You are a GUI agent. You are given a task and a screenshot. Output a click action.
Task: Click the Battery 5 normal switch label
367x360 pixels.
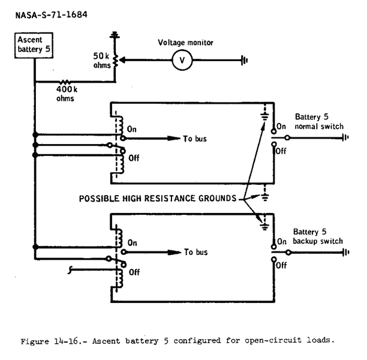pyautogui.click(x=318, y=123)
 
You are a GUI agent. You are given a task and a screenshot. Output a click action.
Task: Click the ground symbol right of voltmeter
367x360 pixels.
pyautogui.click(x=243, y=61)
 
